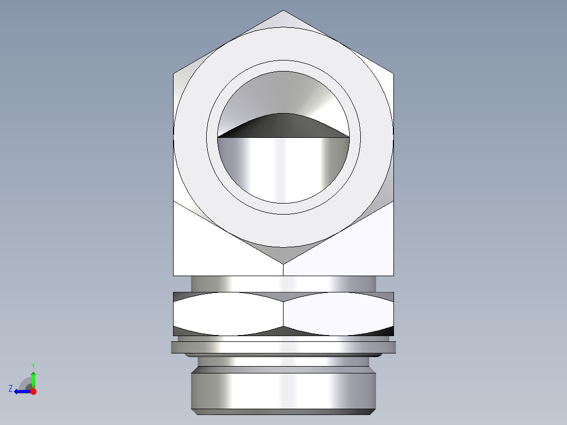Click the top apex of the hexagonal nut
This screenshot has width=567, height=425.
283,12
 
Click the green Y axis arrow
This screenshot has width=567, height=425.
33,378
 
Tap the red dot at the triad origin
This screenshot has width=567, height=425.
33,391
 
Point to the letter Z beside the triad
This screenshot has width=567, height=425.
11,389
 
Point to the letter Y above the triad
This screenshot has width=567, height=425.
33,365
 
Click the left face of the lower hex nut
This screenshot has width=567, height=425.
227,314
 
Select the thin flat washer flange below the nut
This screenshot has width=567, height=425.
283,347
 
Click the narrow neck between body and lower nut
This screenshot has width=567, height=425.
283,284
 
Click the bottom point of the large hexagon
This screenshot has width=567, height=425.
283,262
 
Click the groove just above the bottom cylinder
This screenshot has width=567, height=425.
283,362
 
